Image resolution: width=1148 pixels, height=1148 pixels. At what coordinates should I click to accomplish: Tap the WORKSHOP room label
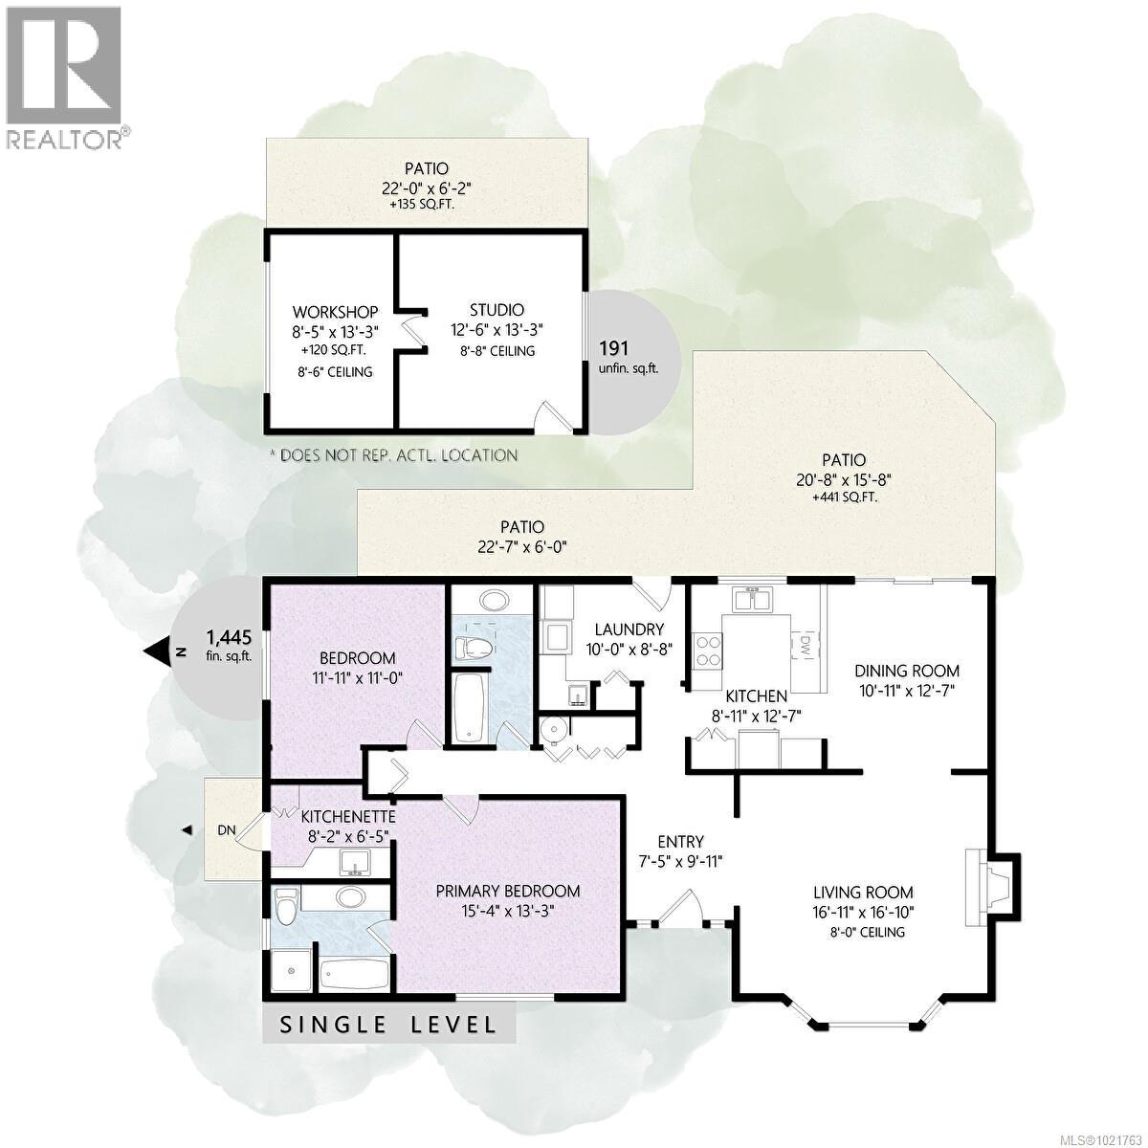click(x=335, y=312)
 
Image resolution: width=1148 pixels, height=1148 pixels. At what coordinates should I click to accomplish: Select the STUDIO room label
click(x=497, y=310)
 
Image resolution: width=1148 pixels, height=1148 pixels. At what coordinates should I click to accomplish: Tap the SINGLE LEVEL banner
click(x=388, y=1025)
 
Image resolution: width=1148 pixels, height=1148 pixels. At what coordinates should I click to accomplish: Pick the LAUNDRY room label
click(x=629, y=629)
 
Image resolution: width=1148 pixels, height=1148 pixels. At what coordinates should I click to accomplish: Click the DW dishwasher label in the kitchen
click(x=806, y=646)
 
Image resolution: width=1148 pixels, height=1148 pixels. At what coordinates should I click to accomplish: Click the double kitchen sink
click(x=753, y=601)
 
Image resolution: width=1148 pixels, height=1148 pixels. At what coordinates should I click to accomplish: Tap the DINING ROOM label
click(x=906, y=671)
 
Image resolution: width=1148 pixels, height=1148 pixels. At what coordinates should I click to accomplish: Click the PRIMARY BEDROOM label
click(x=508, y=891)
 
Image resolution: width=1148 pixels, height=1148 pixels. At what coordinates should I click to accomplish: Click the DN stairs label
click(x=227, y=830)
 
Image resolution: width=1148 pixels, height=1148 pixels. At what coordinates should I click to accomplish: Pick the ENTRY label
click(x=680, y=842)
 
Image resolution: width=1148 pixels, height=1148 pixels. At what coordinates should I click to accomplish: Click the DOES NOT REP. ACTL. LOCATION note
click(x=394, y=455)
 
